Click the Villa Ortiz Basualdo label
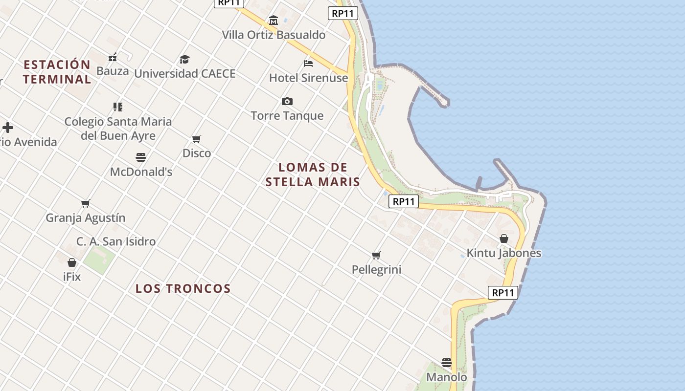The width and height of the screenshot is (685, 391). pos(274,35)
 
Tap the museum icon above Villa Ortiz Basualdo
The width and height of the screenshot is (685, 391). pos(274,21)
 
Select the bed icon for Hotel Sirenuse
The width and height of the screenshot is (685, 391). pos(308,63)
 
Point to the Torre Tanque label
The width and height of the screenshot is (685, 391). pos(287,116)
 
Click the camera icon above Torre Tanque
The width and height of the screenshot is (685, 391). pos(287,102)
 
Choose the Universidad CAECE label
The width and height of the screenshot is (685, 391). pos(185,74)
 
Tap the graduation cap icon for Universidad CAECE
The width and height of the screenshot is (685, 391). pos(184,60)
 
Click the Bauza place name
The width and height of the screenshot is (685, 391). pos(113,71)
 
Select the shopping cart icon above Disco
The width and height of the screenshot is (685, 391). pos(197,139)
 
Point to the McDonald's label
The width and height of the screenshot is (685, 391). pos(141,172)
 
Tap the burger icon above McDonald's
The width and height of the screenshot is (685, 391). pos(141,157)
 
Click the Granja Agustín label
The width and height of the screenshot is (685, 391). pos(86,218)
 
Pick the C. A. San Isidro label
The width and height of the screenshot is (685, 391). pos(116,241)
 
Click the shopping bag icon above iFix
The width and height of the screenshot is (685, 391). pos(72,262)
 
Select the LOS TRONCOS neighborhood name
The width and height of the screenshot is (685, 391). pos(183,289)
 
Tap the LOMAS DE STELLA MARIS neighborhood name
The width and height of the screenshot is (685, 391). pos(313,175)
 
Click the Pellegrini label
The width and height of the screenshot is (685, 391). pos(376,269)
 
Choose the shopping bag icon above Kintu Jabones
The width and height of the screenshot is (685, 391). pos(504,239)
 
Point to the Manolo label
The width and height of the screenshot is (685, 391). pos(447,377)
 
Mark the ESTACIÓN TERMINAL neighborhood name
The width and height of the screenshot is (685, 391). pos(57,72)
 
